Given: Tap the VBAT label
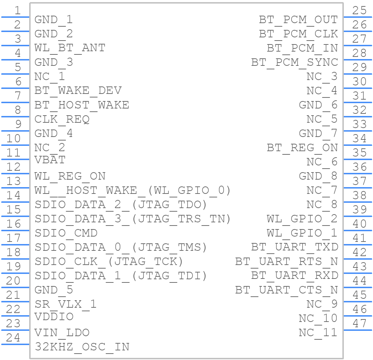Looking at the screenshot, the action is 50,160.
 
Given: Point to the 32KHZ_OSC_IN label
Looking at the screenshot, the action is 82,347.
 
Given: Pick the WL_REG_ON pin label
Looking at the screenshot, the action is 70,176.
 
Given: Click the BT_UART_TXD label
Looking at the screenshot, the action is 294,247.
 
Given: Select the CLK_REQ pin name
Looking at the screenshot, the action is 62,120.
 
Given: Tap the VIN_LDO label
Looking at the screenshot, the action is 62,333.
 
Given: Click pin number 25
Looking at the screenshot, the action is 359,10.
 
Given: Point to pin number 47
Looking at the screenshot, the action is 359,324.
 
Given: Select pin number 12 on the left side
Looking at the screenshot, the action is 13,167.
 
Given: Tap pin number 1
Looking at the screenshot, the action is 17,10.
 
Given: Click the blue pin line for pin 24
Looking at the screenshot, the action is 15,344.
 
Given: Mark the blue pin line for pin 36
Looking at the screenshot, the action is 358,174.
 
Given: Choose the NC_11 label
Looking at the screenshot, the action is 318,333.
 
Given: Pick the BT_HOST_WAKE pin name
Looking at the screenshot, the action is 82,105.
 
